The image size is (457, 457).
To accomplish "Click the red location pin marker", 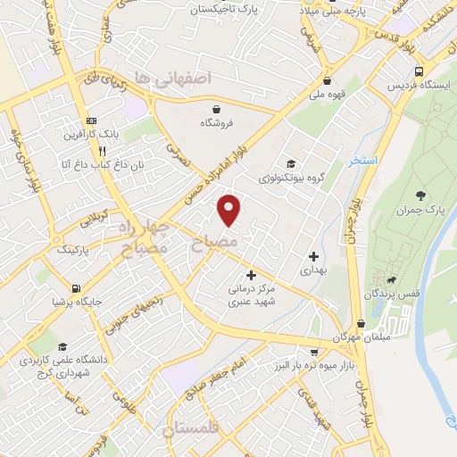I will point(230,209).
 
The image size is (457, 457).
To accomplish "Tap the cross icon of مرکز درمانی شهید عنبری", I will point(251,276).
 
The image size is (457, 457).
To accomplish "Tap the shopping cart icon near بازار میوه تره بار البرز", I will point(314,353).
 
